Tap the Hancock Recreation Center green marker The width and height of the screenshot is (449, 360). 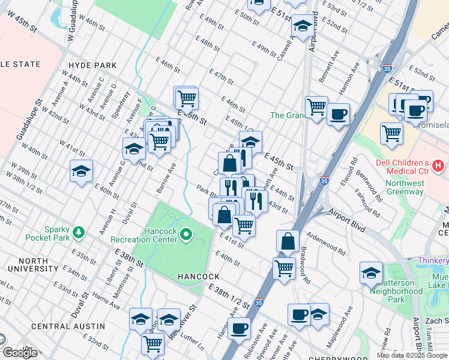point(186,234)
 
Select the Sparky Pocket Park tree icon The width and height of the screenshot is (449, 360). point(77,232)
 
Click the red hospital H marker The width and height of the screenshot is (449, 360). point(439,164)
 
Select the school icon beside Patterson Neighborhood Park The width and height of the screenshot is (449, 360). point(371,273)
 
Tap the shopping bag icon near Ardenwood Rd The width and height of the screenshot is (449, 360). point(288,241)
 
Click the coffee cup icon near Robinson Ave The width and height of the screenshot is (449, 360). point(238,328)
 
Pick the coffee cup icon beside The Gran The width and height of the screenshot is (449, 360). point(338,113)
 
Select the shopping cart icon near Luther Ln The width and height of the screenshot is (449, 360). point(152,344)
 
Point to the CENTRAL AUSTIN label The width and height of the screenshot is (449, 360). point(68,326)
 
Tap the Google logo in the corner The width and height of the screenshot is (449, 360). point(20,353)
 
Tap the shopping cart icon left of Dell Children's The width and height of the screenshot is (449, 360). point(391,133)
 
